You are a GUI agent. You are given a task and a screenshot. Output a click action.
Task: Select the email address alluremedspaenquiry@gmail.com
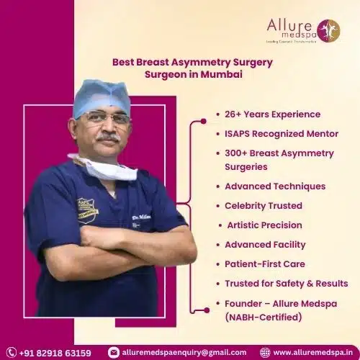(184, 353)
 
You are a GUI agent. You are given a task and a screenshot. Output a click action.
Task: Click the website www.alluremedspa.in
(312, 353)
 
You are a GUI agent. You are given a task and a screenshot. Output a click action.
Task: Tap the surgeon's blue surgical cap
(102, 96)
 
